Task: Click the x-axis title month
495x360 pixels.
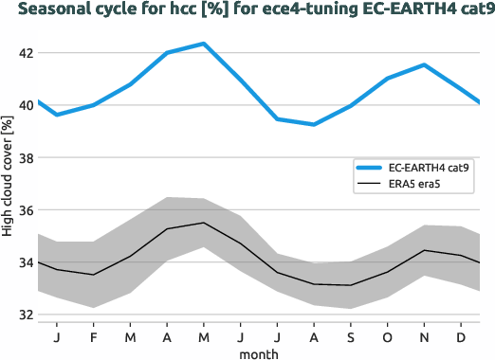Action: [x=259, y=353]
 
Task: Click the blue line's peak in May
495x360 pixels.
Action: [x=204, y=44]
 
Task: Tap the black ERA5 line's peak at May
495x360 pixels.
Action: [x=204, y=223]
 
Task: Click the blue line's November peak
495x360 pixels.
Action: [x=425, y=64]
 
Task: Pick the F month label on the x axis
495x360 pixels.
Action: [x=94, y=336]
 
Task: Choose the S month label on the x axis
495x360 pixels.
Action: [x=351, y=336]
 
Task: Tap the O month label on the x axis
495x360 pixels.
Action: [x=388, y=336]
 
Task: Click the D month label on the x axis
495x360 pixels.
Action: [x=462, y=336]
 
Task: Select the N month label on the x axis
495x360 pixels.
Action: [x=425, y=336]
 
